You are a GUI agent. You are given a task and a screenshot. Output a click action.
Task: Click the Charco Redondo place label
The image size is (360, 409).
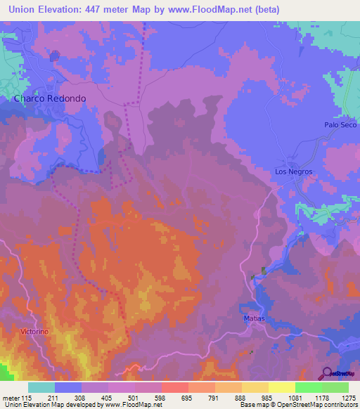pos(50,99)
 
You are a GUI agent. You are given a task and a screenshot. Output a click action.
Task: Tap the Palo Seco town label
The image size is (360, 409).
pos(340,124)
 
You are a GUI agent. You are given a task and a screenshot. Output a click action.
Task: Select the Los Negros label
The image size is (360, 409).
pos(293,171)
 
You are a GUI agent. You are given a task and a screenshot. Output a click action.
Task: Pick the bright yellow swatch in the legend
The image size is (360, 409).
pos(281,387)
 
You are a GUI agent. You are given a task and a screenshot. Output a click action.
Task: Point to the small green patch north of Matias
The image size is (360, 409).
pos(264,270)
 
